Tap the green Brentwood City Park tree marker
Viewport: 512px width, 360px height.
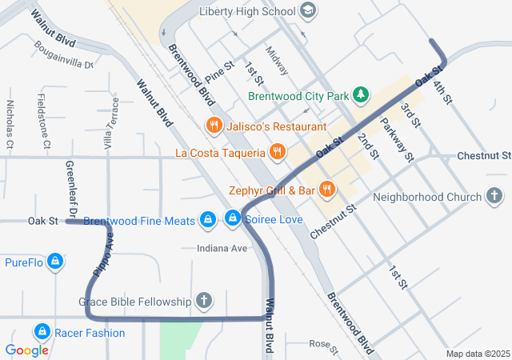click(x=361, y=95)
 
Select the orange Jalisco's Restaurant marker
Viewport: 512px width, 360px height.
click(x=213, y=126)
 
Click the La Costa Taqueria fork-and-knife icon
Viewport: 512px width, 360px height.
click(x=277, y=151)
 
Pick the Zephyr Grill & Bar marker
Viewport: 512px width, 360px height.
click(x=326, y=190)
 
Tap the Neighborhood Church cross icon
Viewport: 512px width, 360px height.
click(x=494, y=196)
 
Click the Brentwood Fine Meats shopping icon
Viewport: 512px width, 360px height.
click(x=207, y=218)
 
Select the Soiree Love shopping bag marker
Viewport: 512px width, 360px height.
click(x=233, y=218)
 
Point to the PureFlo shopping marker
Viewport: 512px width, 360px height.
click(x=55, y=261)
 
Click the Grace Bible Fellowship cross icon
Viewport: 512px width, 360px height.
click(x=204, y=301)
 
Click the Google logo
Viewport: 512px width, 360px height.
click(x=27, y=350)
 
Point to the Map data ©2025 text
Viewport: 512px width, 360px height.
click(x=477, y=354)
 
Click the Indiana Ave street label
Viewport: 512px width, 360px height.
click(x=222, y=249)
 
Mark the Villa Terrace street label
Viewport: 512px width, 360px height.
click(x=111, y=123)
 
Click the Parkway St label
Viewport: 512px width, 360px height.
click(x=397, y=140)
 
